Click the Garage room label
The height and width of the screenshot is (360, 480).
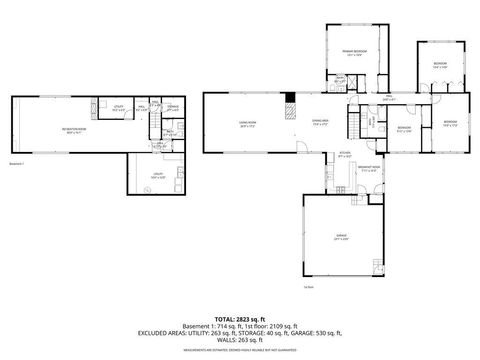point(341,238)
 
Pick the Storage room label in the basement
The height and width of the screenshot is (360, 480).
point(173,106)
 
